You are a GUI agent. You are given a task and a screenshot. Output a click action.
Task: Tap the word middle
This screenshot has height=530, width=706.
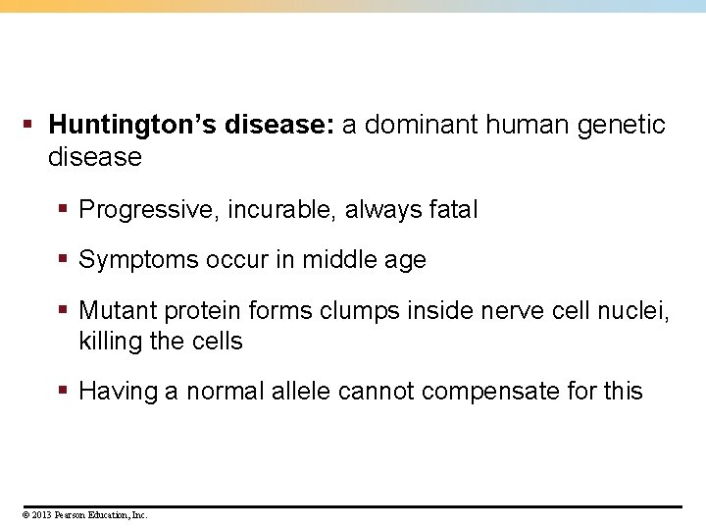click(x=335, y=260)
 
